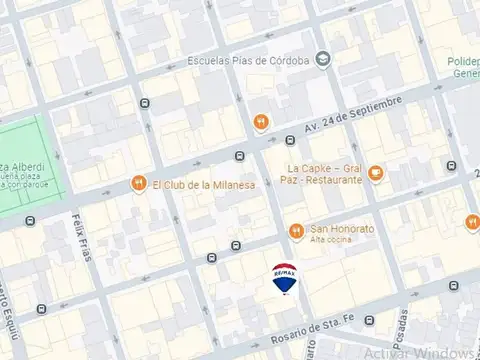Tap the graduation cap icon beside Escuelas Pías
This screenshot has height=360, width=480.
[323, 60]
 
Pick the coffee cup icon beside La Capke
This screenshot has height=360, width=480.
[376, 173]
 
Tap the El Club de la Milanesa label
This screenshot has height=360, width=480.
[204, 184]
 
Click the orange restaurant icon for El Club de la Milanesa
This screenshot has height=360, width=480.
[138, 184]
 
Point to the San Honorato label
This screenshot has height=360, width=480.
[342, 229]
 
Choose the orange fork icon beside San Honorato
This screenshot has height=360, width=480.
[296, 229]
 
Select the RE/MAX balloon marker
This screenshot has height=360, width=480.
[285, 277]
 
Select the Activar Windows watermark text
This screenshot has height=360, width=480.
[420, 352]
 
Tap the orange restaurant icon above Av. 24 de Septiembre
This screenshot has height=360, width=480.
[260, 122]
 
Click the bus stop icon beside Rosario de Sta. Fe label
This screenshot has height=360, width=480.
[370, 321]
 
